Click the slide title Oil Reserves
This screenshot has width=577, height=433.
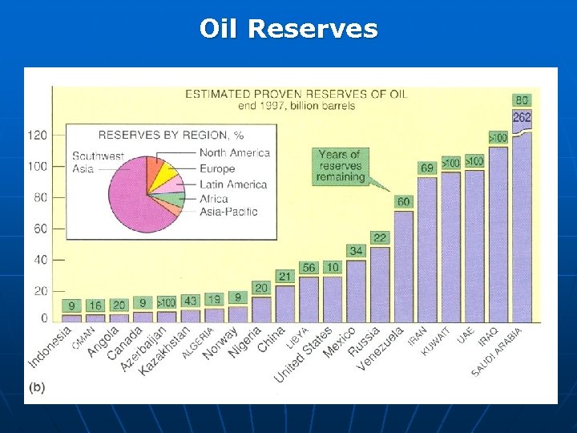(x=288, y=29)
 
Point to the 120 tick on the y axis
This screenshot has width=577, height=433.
(x=37, y=135)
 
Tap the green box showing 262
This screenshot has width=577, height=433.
(x=522, y=117)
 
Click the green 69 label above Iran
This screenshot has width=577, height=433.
(x=427, y=168)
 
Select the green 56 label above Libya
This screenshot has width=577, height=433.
(x=309, y=267)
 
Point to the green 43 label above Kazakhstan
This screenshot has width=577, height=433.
(x=191, y=301)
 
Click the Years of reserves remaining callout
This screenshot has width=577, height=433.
(x=341, y=165)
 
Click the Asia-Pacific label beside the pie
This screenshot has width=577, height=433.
(x=228, y=212)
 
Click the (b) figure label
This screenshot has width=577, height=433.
(x=37, y=387)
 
